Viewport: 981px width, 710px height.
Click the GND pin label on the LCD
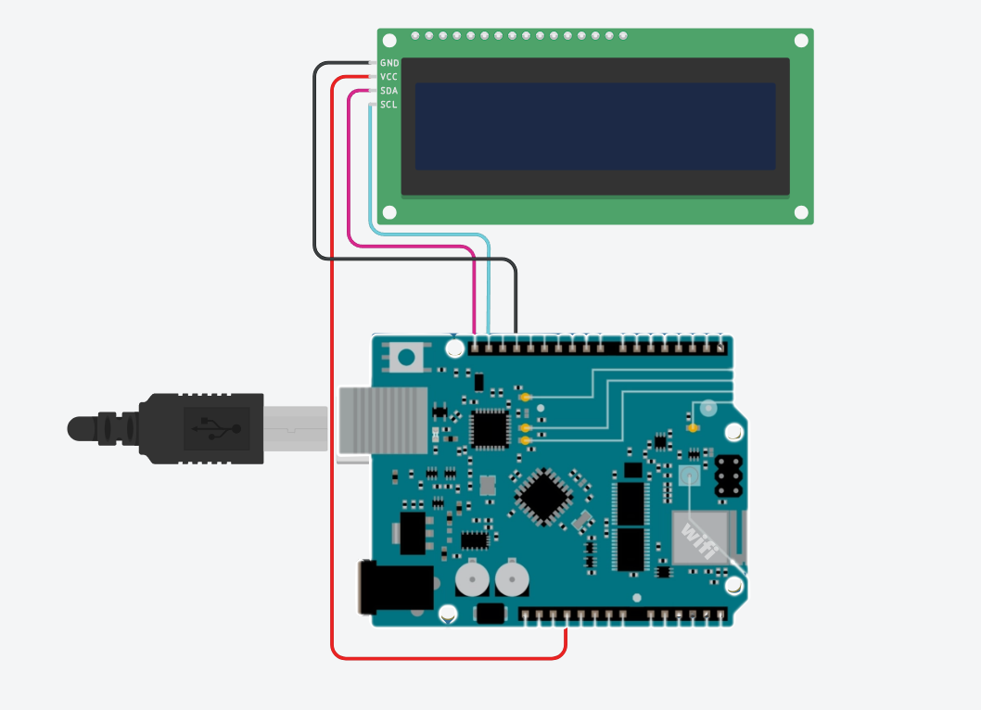(389, 63)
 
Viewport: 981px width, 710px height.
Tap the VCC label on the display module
(389, 77)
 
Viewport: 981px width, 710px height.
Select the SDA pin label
(389, 91)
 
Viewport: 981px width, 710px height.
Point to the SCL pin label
(389, 105)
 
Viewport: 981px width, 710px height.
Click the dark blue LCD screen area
(594, 126)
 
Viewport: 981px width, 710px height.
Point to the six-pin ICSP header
(729, 475)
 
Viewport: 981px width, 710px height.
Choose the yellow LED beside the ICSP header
(693, 428)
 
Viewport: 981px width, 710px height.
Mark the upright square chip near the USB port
(490, 427)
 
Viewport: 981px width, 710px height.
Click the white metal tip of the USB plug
(296, 427)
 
